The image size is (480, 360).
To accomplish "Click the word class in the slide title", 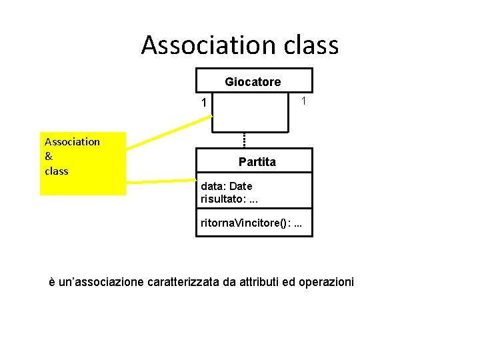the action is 311,45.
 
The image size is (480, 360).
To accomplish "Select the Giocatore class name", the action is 253,82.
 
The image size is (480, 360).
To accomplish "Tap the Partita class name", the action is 257,161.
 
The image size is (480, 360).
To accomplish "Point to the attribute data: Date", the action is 227,186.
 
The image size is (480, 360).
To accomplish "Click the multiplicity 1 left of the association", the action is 204,103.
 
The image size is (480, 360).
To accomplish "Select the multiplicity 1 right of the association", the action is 303,101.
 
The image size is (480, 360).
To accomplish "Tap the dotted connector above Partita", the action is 244,141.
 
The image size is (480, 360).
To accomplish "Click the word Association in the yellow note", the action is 72,142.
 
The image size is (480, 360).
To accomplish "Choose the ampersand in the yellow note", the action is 49,156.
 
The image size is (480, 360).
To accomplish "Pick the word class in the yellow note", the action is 57,171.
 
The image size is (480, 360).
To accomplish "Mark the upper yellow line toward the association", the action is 169,132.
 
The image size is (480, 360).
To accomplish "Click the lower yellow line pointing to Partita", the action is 161,181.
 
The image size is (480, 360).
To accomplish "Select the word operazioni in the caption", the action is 326,282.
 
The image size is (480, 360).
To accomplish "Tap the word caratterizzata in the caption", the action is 183,281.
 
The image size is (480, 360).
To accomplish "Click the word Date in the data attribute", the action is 241,186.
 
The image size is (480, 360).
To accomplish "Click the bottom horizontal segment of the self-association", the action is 250,132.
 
